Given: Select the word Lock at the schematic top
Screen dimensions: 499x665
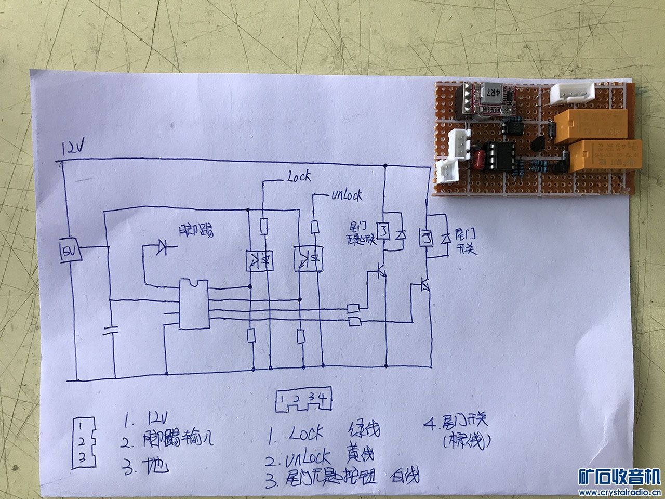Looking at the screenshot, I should click(x=298, y=177).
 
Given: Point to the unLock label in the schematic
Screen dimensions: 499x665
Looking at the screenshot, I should click(x=346, y=196).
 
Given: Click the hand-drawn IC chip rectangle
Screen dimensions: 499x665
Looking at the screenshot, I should click(x=194, y=304).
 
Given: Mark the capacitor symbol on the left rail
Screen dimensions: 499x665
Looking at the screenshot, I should click(x=110, y=331).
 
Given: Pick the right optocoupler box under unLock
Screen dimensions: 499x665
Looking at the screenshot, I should click(x=309, y=258).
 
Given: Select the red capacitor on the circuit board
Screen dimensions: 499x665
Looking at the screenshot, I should click(x=481, y=157).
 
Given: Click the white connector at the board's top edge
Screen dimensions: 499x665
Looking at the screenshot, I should click(x=572, y=94).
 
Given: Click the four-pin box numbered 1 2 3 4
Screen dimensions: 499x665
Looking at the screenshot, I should click(x=303, y=401).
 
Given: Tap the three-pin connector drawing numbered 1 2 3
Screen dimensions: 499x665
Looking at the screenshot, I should click(x=82, y=443).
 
